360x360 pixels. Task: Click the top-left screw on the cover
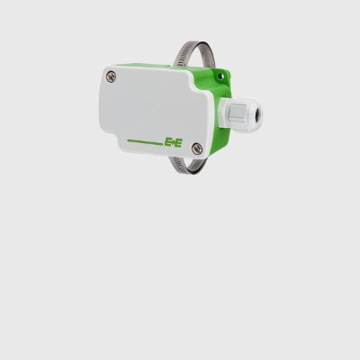tap(111, 76)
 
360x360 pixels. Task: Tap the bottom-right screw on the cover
tap(197, 148)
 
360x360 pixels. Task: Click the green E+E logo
tap(173, 142)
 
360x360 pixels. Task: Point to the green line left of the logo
tap(145, 141)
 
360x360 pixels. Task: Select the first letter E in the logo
tap(167, 142)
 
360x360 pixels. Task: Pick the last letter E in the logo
tap(178, 142)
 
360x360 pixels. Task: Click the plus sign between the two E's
tap(173, 142)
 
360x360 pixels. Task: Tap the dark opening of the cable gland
tap(257, 113)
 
